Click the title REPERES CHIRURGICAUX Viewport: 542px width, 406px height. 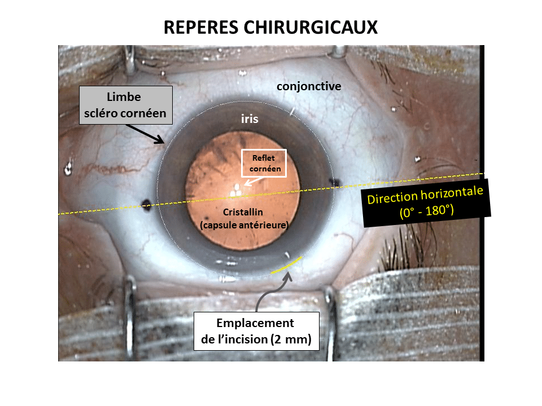pyautogui.click(x=270, y=28)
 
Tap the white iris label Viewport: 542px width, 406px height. pyautogui.click(x=250, y=120)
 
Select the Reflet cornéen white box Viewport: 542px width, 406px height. pyautogui.click(x=264, y=163)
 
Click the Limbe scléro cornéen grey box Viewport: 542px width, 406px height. pyautogui.click(x=125, y=106)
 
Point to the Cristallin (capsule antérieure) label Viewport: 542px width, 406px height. pyautogui.click(x=244, y=218)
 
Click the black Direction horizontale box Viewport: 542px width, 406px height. pyautogui.click(x=426, y=203)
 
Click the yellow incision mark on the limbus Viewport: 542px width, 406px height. pyautogui.click(x=286, y=264)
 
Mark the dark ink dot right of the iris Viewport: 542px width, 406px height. pyautogui.click(x=334, y=183)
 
